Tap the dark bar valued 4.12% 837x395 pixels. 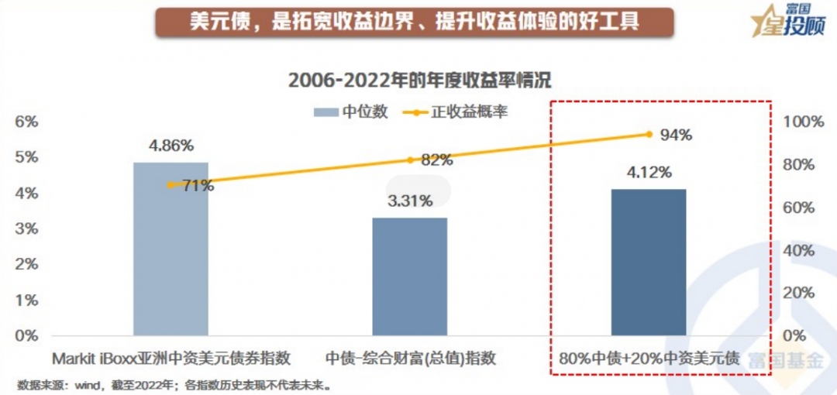pos(649,263)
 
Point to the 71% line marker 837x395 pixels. pos(170,185)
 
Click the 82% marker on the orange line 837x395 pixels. pos(410,160)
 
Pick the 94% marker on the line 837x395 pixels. pos(649,134)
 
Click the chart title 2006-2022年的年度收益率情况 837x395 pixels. pos(419,80)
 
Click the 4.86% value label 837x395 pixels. pos(171,146)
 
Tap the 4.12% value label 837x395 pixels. pos(649,172)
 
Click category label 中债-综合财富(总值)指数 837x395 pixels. pos(410,359)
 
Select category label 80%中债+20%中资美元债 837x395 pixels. pos(649,359)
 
